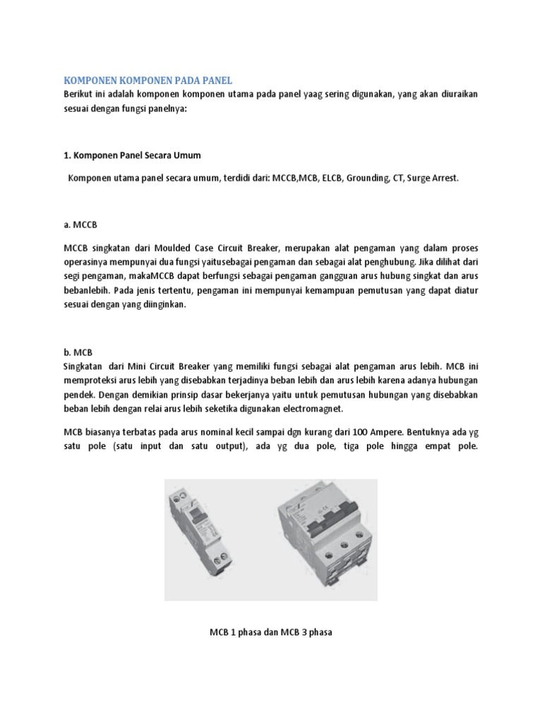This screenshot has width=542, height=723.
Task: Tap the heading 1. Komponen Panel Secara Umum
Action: click(x=132, y=154)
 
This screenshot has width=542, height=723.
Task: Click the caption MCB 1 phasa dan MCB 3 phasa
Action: click(x=271, y=632)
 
